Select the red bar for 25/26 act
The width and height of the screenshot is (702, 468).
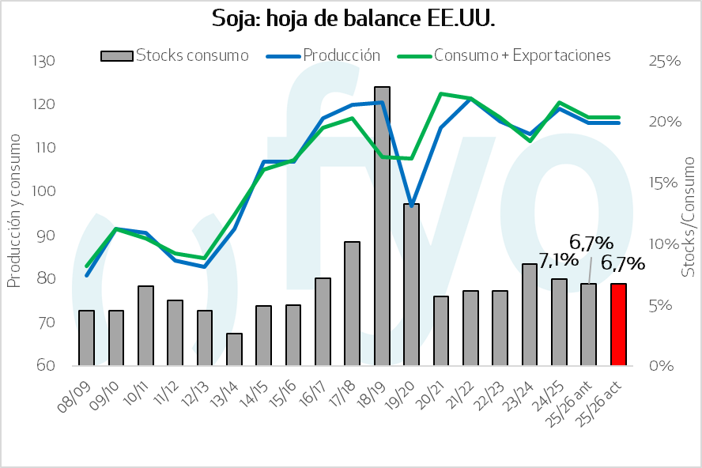(x=618, y=325)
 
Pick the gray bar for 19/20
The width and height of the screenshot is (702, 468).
(x=411, y=285)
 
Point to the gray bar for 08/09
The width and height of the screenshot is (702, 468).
(x=86, y=338)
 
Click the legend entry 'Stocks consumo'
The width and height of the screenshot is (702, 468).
(x=175, y=55)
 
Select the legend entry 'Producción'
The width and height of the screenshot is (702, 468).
(x=332, y=55)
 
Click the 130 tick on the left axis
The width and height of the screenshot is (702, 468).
(x=43, y=61)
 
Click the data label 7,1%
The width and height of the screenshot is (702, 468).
(x=559, y=260)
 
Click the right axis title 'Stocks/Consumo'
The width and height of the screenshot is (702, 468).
(x=689, y=215)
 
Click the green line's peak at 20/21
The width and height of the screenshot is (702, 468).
(x=440, y=93)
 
